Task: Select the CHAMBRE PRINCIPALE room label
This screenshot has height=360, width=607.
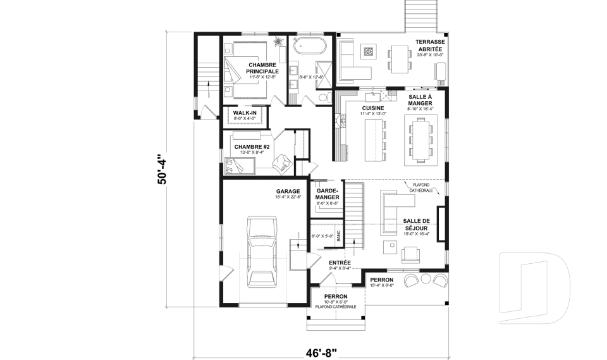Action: coord(262,68)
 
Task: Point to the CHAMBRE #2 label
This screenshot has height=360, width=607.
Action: coord(252,147)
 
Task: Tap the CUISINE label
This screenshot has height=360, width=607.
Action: coord(372,108)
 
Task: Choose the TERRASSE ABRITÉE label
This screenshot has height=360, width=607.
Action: coord(430,46)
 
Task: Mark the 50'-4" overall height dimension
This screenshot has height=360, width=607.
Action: coord(162,169)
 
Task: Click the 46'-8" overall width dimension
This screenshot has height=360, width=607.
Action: coord(321,351)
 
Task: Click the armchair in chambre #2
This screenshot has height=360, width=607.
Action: coord(280,164)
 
